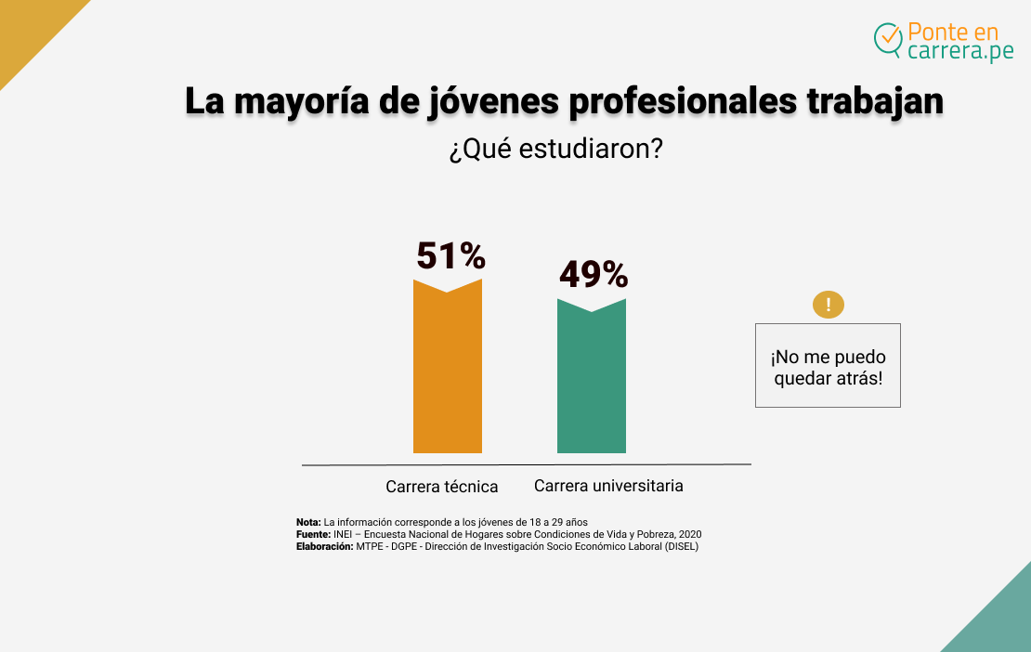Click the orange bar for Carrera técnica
point(447,372)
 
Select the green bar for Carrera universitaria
point(591,381)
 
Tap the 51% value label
point(450,255)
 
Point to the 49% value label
point(594,275)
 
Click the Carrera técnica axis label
point(442,487)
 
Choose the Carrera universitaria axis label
point(608,486)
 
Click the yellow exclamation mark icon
point(828,305)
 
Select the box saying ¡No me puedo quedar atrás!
point(828,366)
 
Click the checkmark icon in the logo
point(889,38)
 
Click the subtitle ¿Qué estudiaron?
point(555,150)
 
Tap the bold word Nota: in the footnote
point(308,522)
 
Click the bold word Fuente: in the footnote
point(313,534)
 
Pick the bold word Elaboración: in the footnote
point(324,546)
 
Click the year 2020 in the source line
point(689,534)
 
